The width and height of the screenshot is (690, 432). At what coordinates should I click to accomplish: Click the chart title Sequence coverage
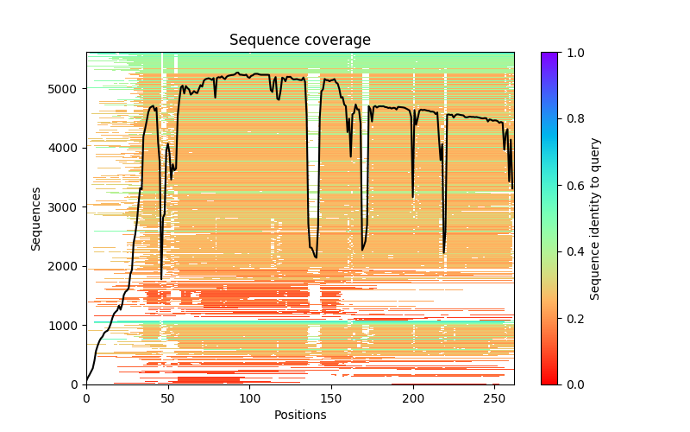[299, 41]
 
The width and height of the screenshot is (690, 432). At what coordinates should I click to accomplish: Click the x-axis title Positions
[299, 415]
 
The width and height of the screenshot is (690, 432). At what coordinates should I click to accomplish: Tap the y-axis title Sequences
[36, 218]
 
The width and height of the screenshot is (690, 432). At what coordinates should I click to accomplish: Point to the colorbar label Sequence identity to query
[595, 218]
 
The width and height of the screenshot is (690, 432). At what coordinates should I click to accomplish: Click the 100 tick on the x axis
[250, 397]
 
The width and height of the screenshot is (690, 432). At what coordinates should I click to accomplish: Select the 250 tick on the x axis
[496, 397]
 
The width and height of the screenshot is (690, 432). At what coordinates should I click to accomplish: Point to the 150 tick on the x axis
[332, 397]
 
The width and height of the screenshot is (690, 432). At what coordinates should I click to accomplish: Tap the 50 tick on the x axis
[168, 397]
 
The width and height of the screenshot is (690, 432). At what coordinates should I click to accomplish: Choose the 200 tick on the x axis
[414, 397]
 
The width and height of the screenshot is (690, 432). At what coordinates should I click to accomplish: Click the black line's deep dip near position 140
[316, 257]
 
